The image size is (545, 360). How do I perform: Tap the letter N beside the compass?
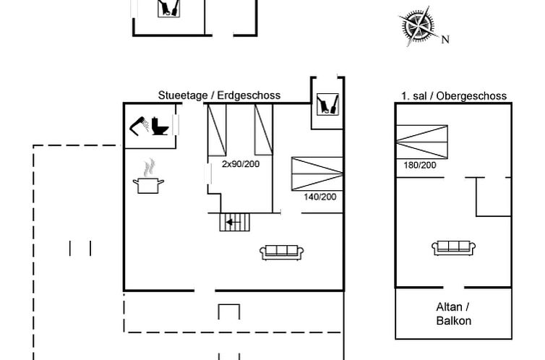point(445,40)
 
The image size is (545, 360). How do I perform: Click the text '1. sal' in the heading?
point(415,95)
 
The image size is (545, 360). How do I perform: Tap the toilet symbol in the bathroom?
point(160,125)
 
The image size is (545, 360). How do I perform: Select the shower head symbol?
point(139,125)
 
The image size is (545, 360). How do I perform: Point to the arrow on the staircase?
point(231,222)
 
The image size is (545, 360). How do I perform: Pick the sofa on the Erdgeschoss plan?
point(282,252)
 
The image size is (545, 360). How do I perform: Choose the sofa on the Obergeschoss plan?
point(454,247)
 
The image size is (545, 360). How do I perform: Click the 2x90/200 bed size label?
point(241,164)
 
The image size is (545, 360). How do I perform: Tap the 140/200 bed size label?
point(319,197)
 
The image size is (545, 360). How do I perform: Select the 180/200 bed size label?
point(419,166)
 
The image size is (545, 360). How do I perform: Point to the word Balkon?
point(454,321)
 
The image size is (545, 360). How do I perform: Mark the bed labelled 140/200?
point(317,174)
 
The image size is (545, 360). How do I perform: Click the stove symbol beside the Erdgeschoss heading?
point(327,103)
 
